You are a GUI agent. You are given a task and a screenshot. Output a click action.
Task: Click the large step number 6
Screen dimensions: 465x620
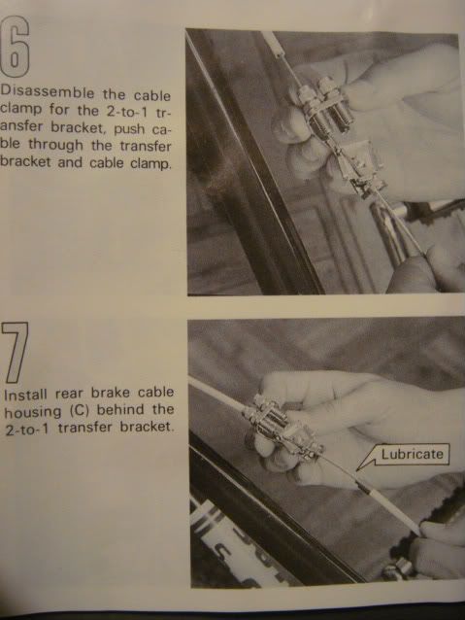tap(15, 47)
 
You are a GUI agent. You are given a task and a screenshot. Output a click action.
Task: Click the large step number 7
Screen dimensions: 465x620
tap(15, 352)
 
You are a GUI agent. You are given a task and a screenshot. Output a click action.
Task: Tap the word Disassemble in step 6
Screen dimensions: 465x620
tap(47, 93)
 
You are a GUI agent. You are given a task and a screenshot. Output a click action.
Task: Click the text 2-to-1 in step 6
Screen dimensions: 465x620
tap(126, 111)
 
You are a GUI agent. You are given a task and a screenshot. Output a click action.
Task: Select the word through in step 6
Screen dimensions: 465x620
tap(55, 145)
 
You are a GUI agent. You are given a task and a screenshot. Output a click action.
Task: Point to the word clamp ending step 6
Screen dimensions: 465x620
tap(150, 163)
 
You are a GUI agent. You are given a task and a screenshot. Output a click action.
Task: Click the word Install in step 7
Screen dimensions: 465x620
tap(26, 395)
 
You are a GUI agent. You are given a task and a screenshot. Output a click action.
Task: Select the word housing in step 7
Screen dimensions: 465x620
tap(33, 412)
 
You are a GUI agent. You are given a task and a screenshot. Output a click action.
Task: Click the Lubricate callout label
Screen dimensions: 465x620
tap(412, 454)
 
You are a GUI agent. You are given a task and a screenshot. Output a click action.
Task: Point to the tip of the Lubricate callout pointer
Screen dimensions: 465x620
tap(356, 470)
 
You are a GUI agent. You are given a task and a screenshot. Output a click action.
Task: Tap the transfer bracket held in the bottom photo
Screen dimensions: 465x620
tap(284, 428)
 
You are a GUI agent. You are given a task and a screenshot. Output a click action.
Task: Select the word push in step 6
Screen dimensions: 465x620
tap(129, 129)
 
